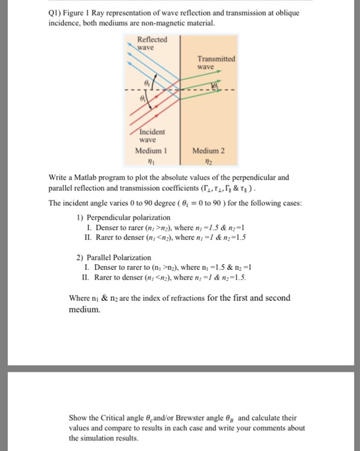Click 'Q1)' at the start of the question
pos(57,12)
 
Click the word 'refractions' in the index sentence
pos(191,298)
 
